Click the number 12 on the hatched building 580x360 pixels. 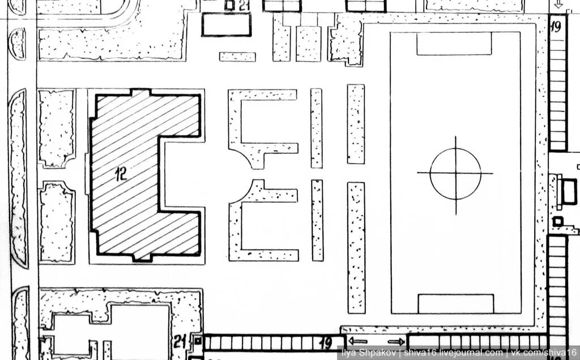pos(121,174)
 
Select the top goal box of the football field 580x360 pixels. pos(454,44)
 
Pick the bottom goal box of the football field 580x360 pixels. pos(456,303)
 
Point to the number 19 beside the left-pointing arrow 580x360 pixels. pos(326,343)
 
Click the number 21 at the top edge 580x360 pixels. pos(244,5)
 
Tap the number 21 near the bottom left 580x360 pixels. pos(180,341)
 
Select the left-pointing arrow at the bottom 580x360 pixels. pos(358,341)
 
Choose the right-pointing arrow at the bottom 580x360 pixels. pos(396,342)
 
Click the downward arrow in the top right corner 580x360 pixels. pos(558,5)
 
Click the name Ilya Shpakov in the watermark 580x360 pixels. pos(370,353)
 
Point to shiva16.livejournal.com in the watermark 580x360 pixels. pos(453,353)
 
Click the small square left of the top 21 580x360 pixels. pos(230,5)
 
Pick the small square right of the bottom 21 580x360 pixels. pos(198,340)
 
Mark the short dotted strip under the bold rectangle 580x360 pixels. pos(237,57)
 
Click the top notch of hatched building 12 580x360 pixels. pos(141,92)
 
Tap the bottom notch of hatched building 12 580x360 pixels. pos(142,257)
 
